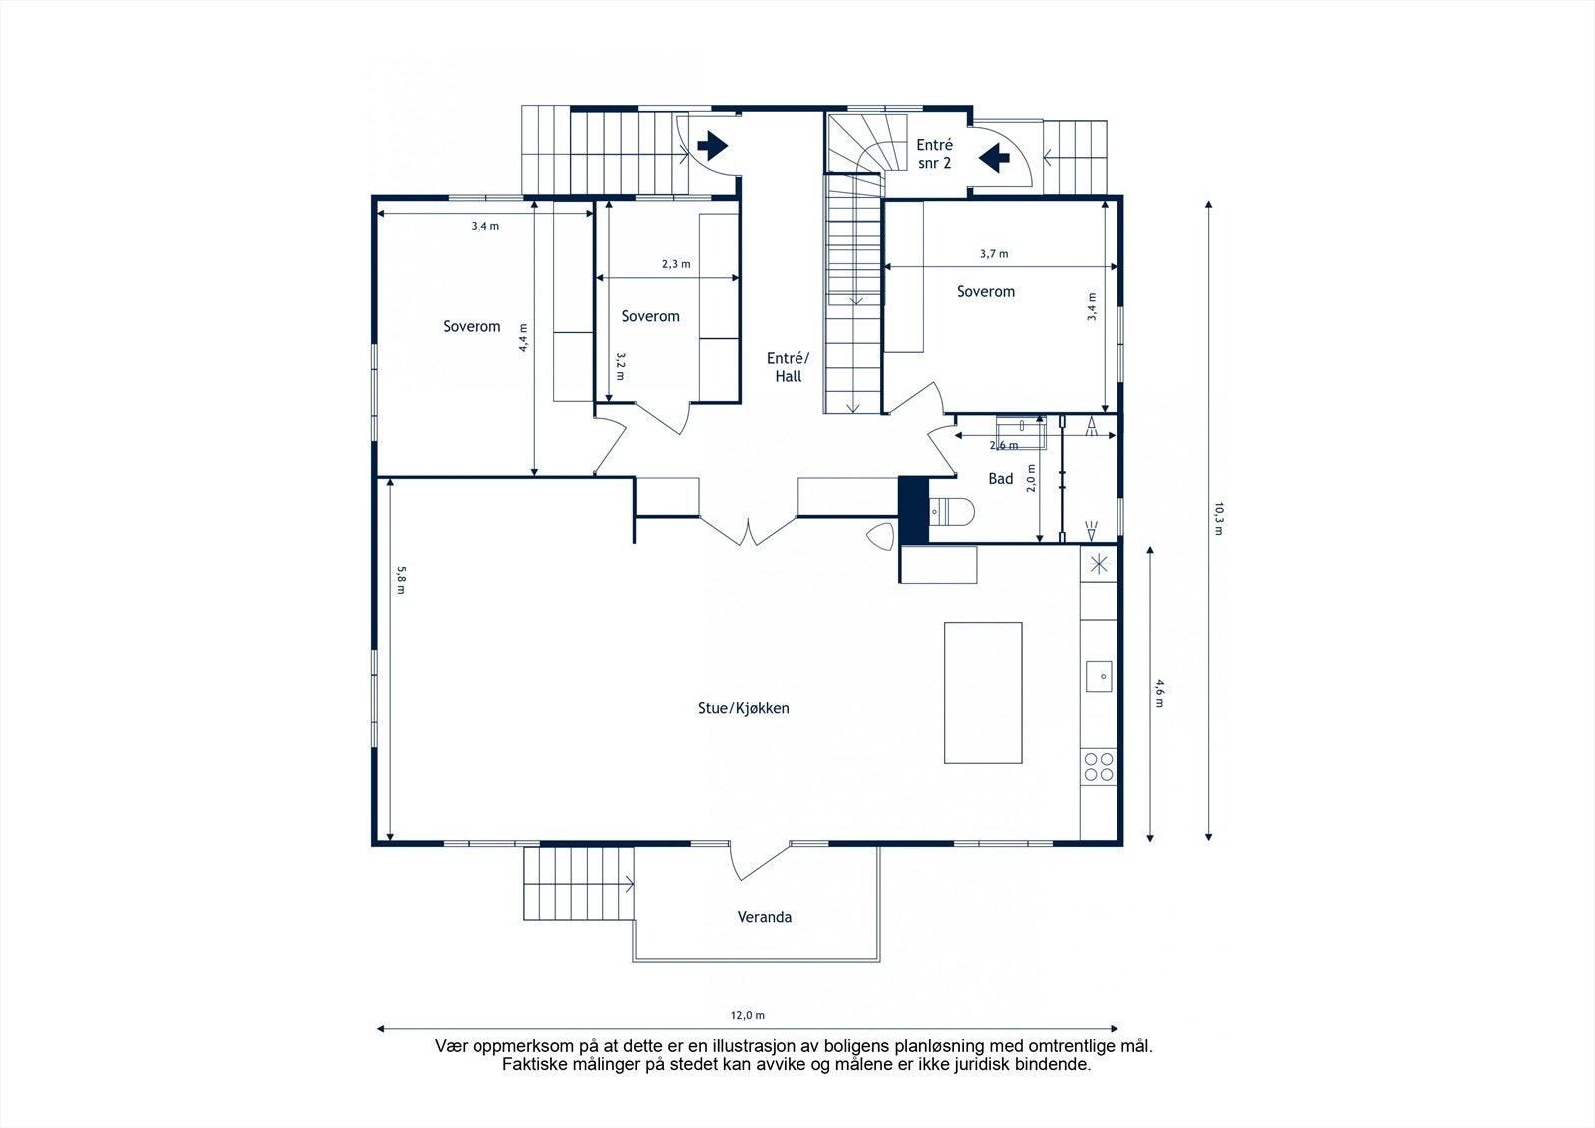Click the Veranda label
[764, 917]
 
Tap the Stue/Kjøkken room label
[743, 708]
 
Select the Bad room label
[1000, 479]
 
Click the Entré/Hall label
[789, 367]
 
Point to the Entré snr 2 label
[934, 153]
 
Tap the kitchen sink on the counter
[1099, 676]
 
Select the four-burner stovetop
[1099, 766]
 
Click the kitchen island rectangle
[983, 693]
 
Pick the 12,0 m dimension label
[747, 1016]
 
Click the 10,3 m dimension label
[1218, 519]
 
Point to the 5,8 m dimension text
[401, 580]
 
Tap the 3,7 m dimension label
[993, 254]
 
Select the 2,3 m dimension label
[675, 265]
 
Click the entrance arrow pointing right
[712, 147]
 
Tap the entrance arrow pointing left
[995, 157]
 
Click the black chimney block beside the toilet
[913, 509]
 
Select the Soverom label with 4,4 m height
[472, 326]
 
